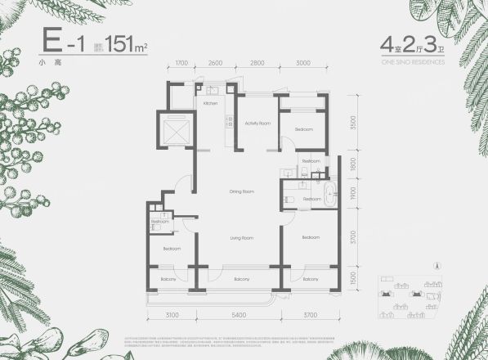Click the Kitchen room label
[209, 105]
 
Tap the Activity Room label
[257, 123]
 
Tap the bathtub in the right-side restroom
[329, 197]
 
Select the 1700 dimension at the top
[181, 62]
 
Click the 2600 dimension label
[215, 62]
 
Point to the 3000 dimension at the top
[303, 62]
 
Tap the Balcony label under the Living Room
[240, 280]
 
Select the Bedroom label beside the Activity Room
[303, 129]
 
